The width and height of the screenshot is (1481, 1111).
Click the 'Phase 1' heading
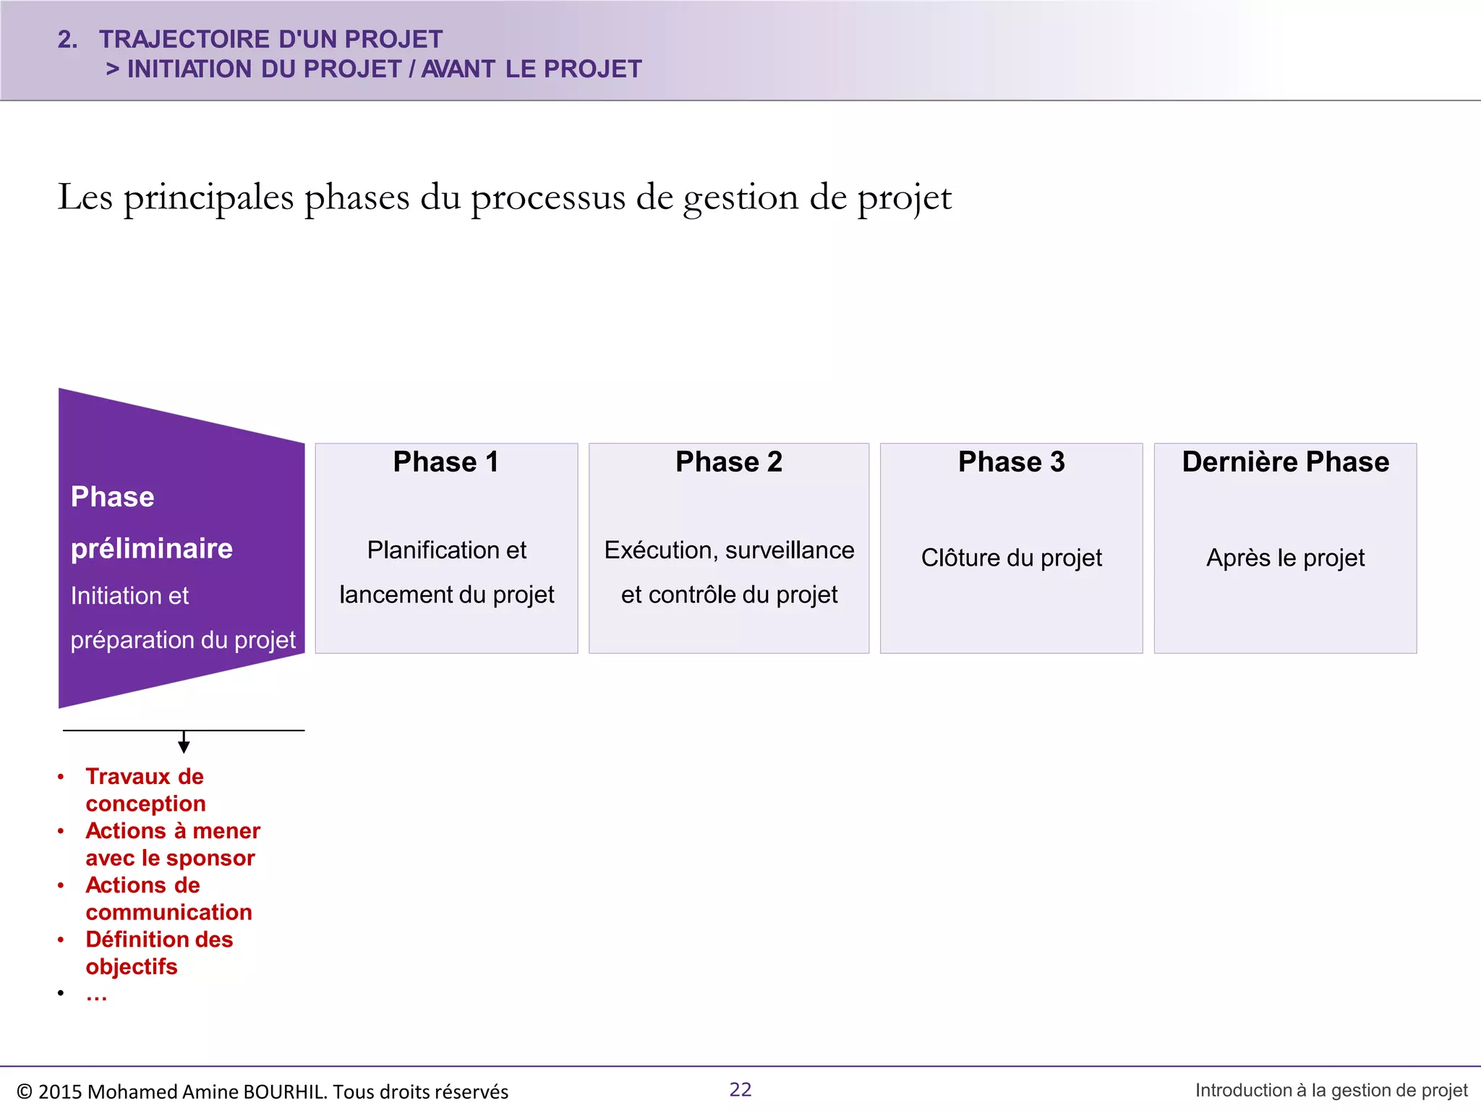pos(445,462)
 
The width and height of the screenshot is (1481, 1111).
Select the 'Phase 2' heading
pos(728,462)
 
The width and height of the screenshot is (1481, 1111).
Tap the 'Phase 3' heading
pos(1011,462)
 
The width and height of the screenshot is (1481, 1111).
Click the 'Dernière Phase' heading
pos(1285,462)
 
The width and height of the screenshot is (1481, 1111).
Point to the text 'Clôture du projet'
pos(1011,558)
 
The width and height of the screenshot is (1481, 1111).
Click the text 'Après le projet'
pos(1285,558)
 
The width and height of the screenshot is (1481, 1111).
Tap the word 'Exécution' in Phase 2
pos(660,550)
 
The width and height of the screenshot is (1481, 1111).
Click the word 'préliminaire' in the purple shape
pos(152,549)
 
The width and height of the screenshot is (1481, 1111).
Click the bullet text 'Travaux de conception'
pos(145,790)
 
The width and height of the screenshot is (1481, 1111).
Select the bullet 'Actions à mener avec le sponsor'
pos(172,844)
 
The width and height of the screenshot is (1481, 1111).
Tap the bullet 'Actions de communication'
pos(168,898)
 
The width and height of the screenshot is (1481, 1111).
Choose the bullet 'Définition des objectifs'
pos(159,953)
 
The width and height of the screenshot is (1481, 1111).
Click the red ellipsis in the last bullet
pos(96,996)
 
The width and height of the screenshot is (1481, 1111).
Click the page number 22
pos(740,1089)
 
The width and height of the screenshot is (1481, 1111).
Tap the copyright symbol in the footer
pos(24,1091)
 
